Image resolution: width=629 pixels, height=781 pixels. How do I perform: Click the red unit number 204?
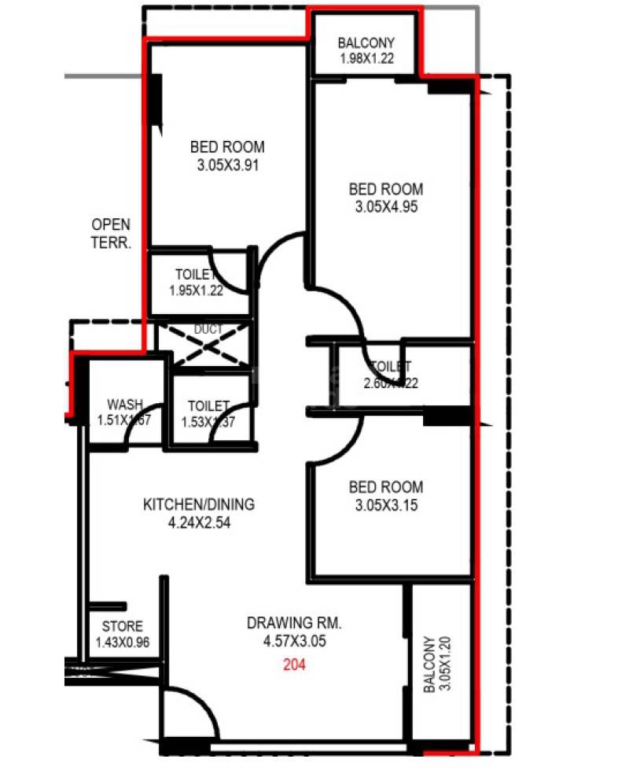coord(294,664)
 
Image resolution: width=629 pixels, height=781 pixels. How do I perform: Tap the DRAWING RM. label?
coord(294,623)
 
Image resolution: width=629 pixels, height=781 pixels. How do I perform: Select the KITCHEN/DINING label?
coord(198,504)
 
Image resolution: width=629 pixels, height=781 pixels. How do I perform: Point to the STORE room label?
coord(123,627)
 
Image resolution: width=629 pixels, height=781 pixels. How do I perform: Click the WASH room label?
coord(125,405)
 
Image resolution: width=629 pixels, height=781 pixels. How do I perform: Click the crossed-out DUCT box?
coord(203,343)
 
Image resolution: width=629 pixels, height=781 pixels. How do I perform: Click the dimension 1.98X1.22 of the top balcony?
coord(366,59)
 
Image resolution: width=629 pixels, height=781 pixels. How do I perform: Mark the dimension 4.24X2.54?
coord(198,522)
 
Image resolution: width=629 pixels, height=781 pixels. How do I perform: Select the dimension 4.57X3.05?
coord(294,642)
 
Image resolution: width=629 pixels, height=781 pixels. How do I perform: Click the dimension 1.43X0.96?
coord(123,643)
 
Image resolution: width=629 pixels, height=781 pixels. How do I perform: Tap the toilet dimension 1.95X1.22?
coord(197,290)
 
